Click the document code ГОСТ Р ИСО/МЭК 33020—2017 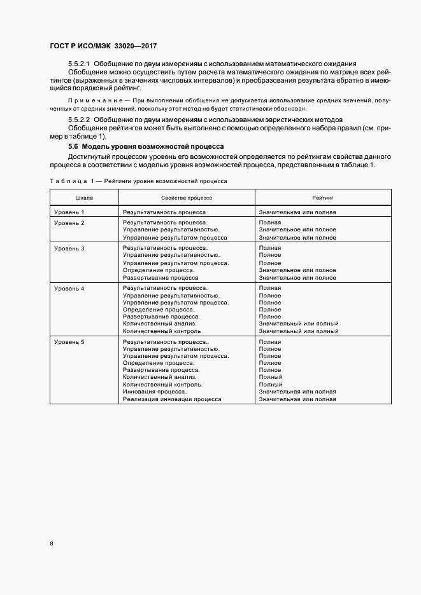(x=103, y=46)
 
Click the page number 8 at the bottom (x=52, y=544)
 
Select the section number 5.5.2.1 (x=80, y=65)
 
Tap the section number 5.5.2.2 (x=80, y=120)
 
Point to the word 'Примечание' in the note (x=90, y=102)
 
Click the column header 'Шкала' (x=84, y=198)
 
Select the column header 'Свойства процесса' (x=187, y=198)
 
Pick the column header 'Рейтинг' (x=323, y=198)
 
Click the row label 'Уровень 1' (x=69, y=212)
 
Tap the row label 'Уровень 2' (x=69, y=223)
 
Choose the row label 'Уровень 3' (x=69, y=248)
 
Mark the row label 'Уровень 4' (x=69, y=289)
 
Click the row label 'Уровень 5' (x=69, y=343)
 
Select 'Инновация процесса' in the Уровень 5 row (x=155, y=392)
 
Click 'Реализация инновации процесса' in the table (x=172, y=399)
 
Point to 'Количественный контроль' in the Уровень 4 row (x=162, y=331)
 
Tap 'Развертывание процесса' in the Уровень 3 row (x=161, y=278)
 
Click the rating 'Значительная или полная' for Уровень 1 (x=297, y=212)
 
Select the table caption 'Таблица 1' (x=71, y=181)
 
